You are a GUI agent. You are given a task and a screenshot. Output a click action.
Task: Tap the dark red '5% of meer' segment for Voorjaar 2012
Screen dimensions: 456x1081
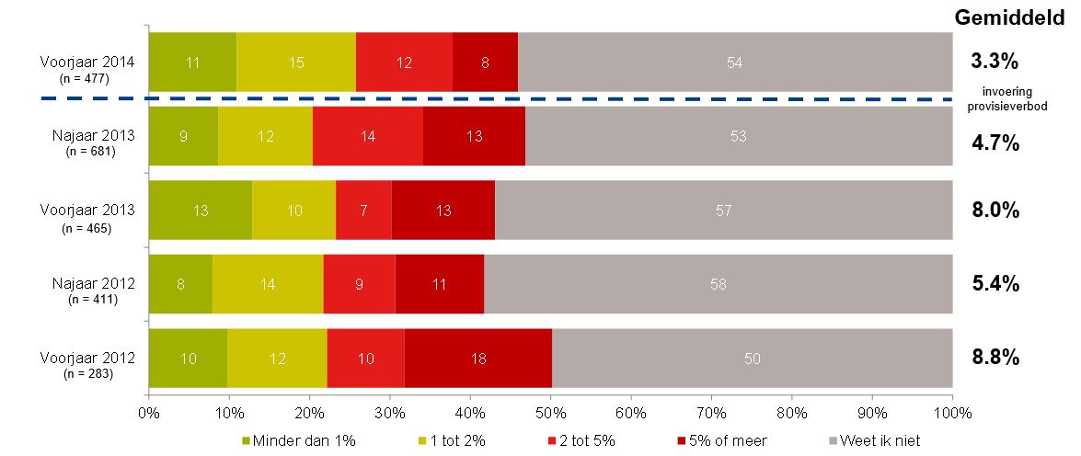[478, 358]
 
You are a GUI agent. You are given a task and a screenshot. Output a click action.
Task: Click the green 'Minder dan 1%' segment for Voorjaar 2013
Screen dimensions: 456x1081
[201, 211]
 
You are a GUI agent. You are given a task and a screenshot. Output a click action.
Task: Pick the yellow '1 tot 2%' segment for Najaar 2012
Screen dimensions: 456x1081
[268, 284]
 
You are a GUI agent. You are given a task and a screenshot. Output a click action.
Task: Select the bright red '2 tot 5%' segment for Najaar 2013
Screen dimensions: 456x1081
[368, 137]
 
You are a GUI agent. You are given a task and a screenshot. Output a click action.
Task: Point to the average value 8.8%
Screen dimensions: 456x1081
[995, 358]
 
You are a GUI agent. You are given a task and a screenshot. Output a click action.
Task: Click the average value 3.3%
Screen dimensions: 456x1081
[995, 63]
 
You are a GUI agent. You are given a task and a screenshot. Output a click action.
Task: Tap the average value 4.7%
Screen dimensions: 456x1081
[995, 142]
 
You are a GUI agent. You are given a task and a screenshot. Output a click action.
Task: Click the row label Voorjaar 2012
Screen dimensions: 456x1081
[88, 357]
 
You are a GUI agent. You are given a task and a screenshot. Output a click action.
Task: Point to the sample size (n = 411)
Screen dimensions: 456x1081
[88, 300]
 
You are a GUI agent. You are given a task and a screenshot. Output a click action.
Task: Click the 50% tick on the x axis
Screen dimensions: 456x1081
[550, 414]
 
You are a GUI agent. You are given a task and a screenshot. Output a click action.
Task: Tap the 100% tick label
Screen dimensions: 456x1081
[951, 414]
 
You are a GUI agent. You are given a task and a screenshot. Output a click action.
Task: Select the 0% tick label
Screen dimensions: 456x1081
[149, 414]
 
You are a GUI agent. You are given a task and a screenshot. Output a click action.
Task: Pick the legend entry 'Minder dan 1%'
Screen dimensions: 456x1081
[297, 440]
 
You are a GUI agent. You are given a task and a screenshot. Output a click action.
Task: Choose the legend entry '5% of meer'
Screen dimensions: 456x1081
[727, 440]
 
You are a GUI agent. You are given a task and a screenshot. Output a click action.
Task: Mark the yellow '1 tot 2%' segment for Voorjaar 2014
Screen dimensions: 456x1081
[296, 63]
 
